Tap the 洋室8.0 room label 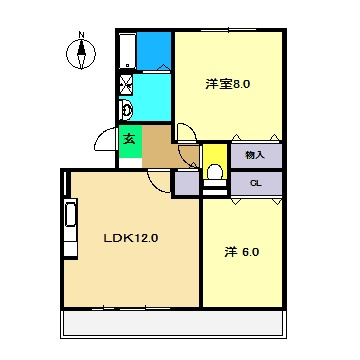coord(228,84)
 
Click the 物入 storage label coord(255,155)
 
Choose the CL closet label coord(255,182)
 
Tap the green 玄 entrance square coord(129,139)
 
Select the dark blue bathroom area coord(154,49)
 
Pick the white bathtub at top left coord(126,49)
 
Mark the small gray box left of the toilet coord(186,182)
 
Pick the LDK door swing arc coord(158,180)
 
